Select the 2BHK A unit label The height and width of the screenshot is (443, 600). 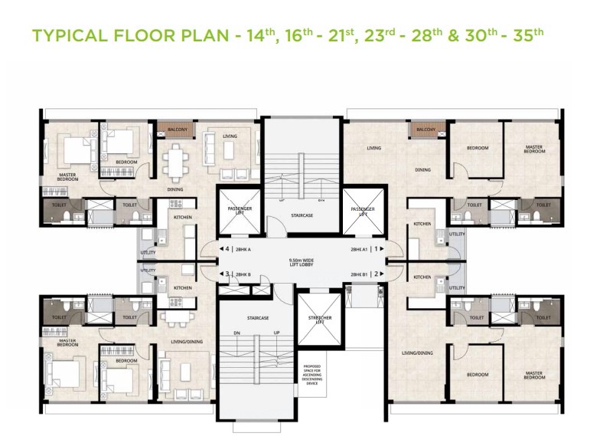[243, 249]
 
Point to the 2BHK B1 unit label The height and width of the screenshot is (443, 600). [360, 274]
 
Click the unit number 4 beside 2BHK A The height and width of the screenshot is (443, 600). [227, 249]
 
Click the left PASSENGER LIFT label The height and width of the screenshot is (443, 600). [236, 210]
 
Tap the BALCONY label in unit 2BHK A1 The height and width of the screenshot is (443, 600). [426, 130]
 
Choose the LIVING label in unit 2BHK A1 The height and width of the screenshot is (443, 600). [374, 147]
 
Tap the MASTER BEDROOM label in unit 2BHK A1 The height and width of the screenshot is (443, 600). [534, 149]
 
